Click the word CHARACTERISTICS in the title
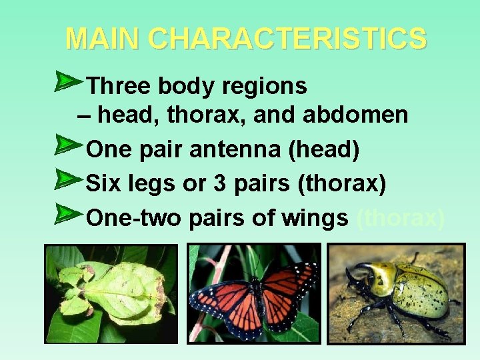[x=287, y=39]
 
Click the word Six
[x=104, y=183]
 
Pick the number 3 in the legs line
[x=219, y=183]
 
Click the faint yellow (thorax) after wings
[x=401, y=217]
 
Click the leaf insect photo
[x=111, y=293]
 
